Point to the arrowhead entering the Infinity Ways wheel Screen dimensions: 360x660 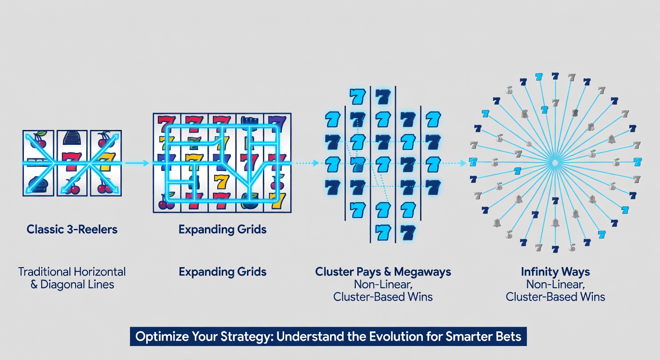coord(463,163)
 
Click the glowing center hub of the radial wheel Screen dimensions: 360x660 coord(555,162)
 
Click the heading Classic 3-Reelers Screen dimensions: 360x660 coord(72,229)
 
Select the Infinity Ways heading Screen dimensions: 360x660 coord(555,272)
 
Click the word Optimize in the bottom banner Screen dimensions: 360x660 coord(157,337)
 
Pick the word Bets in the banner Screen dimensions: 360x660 coord(509,337)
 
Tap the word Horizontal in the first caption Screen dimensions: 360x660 coord(100,272)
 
